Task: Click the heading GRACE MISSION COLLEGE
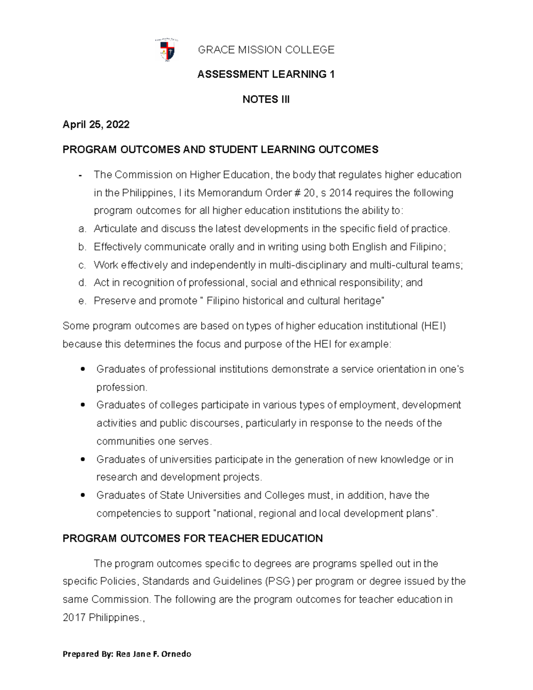(266, 50)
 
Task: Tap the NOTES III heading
(266, 100)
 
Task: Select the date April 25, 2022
(96, 124)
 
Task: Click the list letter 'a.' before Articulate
(81, 229)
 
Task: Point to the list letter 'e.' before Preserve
(81, 301)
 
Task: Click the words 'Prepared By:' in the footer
(88, 654)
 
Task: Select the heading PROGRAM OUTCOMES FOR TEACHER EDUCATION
(192, 538)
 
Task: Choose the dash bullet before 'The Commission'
(80, 175)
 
